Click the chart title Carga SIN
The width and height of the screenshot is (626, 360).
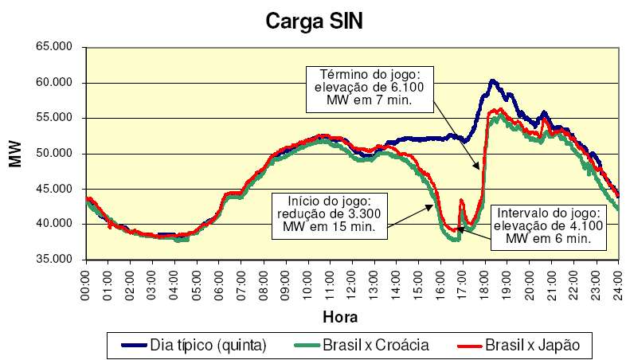[x=313, y=22]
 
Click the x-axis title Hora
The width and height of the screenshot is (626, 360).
[x=340, y=316]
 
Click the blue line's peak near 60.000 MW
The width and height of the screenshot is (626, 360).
[x=492, y=81]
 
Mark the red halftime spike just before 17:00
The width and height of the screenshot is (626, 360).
[x=461, y=201]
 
